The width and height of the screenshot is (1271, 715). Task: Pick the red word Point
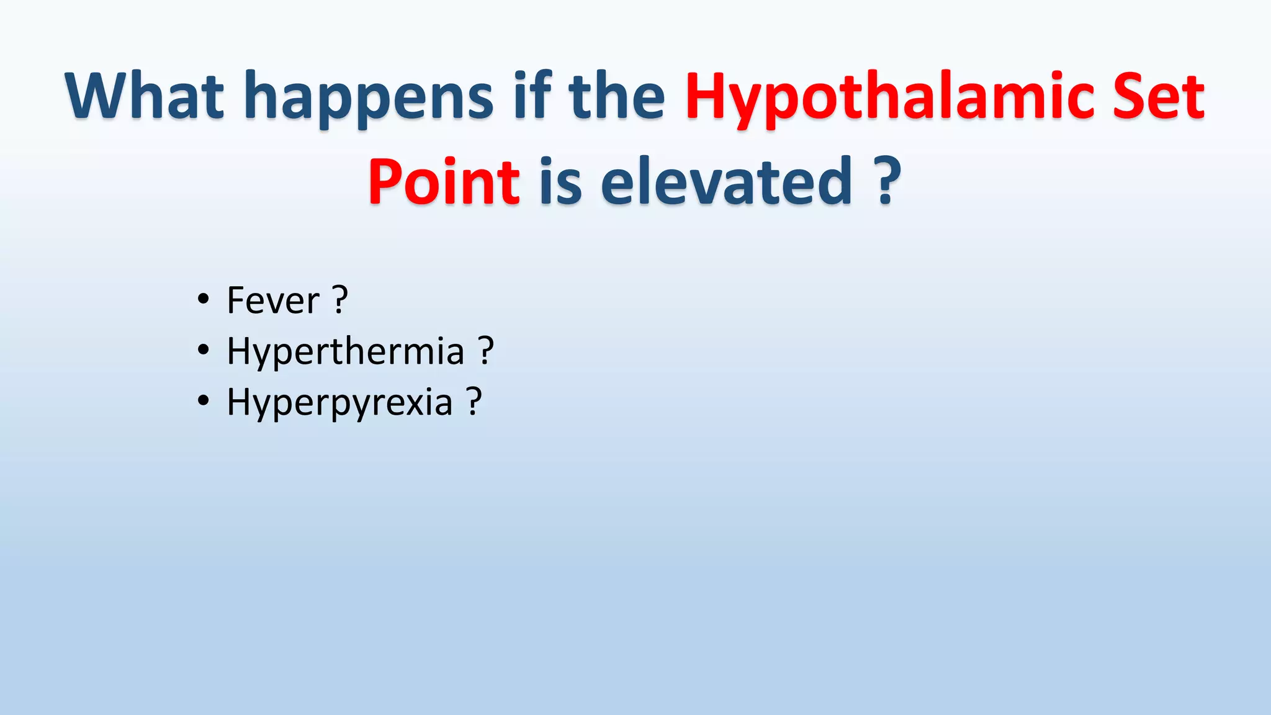[x=444, y=182]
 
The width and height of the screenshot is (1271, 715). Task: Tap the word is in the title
[x=560, y=182]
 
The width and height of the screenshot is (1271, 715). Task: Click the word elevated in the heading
[x=726, y=182]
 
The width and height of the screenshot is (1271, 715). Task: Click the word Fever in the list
[x=273, y=300]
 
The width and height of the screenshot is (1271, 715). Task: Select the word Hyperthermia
[x=346, y=351]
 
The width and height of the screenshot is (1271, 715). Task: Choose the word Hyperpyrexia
[x=339, y=402]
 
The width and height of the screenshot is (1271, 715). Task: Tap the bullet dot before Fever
[x=203, y=300]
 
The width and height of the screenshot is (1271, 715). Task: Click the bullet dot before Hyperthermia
[x=203, y=351]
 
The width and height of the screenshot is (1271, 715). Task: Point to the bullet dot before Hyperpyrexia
[x=203, y=402]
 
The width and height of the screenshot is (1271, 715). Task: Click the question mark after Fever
[x=339, y=300]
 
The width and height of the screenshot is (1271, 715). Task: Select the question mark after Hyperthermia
[x=486, y=351]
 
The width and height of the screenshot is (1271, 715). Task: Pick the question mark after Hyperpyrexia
[x=474, y=402]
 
